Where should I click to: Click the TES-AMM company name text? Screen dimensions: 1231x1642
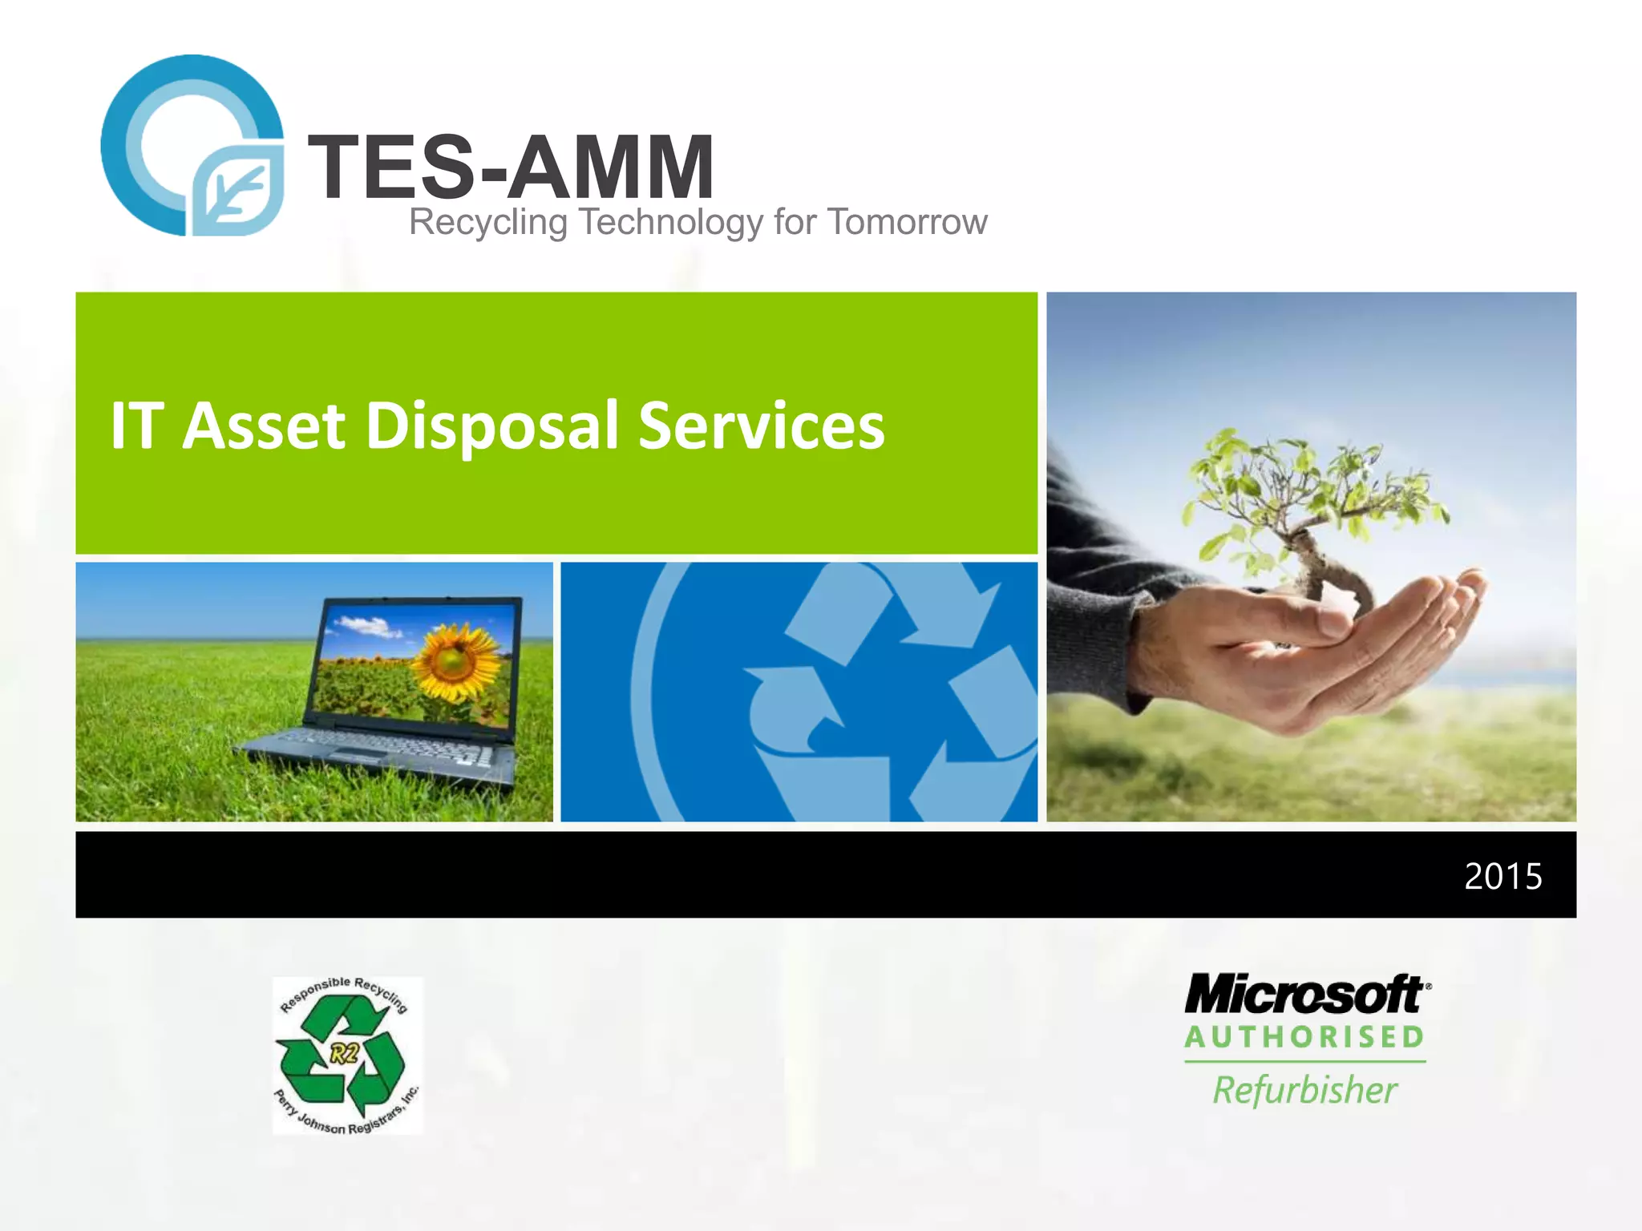point(511,167)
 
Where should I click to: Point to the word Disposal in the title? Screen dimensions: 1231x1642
point(492,426)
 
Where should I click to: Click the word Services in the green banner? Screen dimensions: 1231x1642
point(761,426)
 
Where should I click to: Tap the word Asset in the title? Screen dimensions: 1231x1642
point(264,426)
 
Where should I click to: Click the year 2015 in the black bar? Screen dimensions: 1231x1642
point(1502,876)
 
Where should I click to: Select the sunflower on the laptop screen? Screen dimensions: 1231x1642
point(453,660)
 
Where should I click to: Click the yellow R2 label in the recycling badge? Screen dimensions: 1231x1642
point(345,1053)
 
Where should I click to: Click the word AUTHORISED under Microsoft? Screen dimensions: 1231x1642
point(1304,1037)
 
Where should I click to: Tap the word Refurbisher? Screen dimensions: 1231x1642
point(1304,1091)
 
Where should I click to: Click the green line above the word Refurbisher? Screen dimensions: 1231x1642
point(1304,1062)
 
